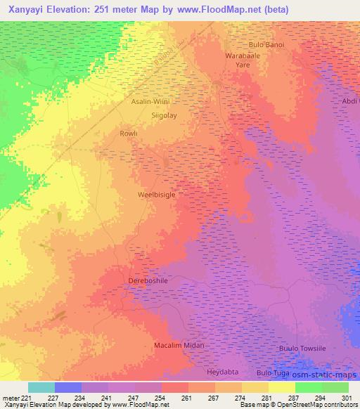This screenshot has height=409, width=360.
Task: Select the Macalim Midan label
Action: pos(179,346)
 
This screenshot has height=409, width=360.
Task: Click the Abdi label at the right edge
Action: pos(349,101)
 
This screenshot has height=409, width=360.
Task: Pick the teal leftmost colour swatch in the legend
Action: pos(41,387)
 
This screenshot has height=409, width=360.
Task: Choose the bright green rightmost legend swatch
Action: pos(335,387)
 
